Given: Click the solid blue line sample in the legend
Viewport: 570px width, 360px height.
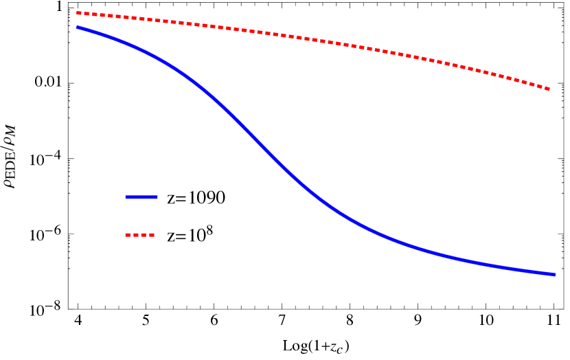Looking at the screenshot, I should pos(141,197).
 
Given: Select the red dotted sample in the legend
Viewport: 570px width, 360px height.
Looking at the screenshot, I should pos(139,235).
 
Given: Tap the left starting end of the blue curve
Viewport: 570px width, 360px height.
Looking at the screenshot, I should pos(77,27).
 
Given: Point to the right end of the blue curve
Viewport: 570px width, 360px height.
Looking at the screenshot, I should pos(554,275).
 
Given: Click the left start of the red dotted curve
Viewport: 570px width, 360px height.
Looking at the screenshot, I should pos(78,13).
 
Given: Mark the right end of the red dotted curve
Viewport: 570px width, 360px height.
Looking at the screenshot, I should pos(549,89).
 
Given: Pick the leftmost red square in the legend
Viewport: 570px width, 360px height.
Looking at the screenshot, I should pos(127,235).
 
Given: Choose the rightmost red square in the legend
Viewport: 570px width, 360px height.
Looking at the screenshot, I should pos(152,235).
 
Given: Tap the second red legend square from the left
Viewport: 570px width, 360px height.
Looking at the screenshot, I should pos(135,235).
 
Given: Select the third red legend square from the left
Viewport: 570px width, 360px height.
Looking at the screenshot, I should pos(144,235).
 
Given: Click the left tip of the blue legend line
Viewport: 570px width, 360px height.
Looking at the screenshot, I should pos(126,197).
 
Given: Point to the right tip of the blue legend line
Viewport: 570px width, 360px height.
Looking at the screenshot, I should pos(157,197).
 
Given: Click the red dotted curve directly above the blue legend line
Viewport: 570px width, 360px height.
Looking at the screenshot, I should pos(141,19).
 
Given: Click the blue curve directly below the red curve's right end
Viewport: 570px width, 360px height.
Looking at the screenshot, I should pos(549,274).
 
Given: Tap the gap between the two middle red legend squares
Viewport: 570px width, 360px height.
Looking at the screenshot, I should pos(139,235).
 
